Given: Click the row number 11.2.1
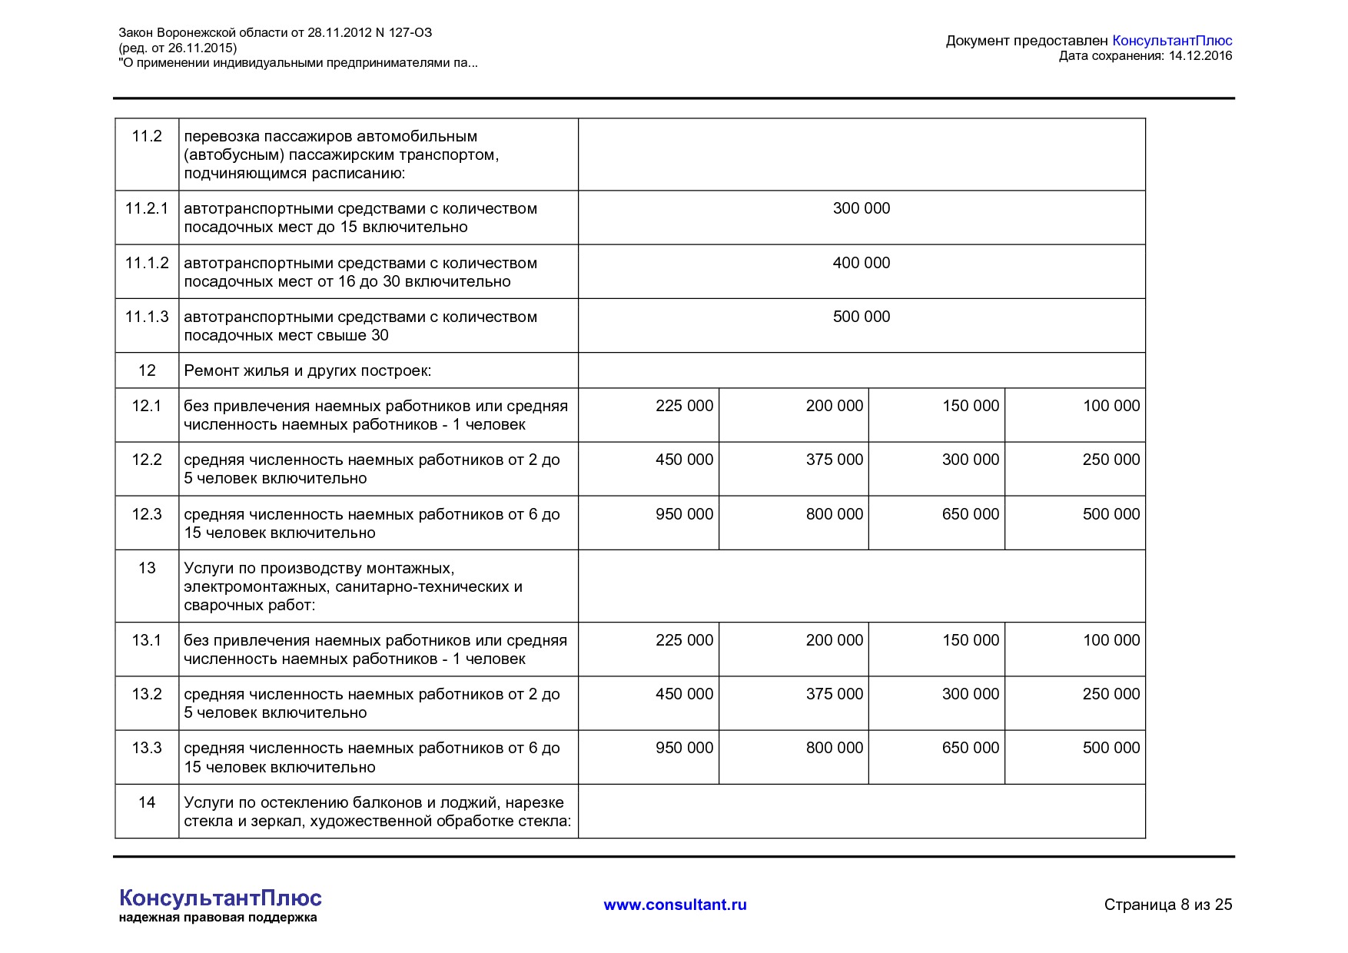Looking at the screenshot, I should tap(147, 209).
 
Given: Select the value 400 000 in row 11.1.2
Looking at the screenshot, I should tap(861, 263).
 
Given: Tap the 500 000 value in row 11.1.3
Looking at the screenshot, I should tap(861, 317).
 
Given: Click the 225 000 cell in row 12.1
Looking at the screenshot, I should tap(684, 406).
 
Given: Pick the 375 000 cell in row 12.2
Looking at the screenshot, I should tap(834, 460).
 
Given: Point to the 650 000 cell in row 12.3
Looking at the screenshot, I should tap(970, 514).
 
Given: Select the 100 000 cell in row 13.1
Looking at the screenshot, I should tap(1111, 640).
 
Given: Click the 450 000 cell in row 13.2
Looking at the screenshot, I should tap(684, 694).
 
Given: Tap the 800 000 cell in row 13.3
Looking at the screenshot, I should tap(834, 748).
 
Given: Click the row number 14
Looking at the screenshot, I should tap(147, 802).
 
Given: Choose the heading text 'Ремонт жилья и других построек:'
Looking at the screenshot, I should tap(307, 371).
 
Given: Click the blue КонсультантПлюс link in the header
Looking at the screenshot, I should tap(1172, 41).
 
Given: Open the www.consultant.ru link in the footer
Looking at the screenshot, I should tap(675, 905).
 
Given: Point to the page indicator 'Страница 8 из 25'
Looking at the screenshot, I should tap(1167, 905).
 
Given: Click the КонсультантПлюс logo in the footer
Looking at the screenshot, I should tap(221, 898).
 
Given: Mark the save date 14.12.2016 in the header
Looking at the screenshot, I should tap(1200, 56).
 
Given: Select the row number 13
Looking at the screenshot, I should tap(147, 568).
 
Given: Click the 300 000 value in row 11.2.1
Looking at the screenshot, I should tap(861, 208).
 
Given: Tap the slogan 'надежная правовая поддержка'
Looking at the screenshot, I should tap(217, 918).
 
